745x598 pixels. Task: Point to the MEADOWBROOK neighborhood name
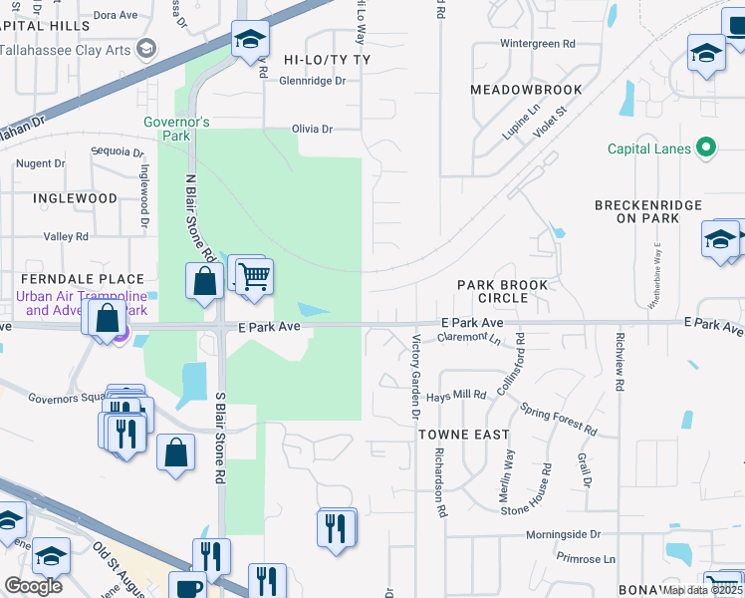tap(526, 90)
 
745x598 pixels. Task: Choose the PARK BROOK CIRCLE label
tap(503, 291)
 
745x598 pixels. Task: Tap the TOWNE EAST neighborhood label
tap(463, 435)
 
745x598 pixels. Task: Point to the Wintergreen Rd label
tap(538, 44)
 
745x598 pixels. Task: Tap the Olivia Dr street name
tap(312, 129)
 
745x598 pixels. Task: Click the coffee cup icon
tap(186, 586)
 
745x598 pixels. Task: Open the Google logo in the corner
tap(33, 586)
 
